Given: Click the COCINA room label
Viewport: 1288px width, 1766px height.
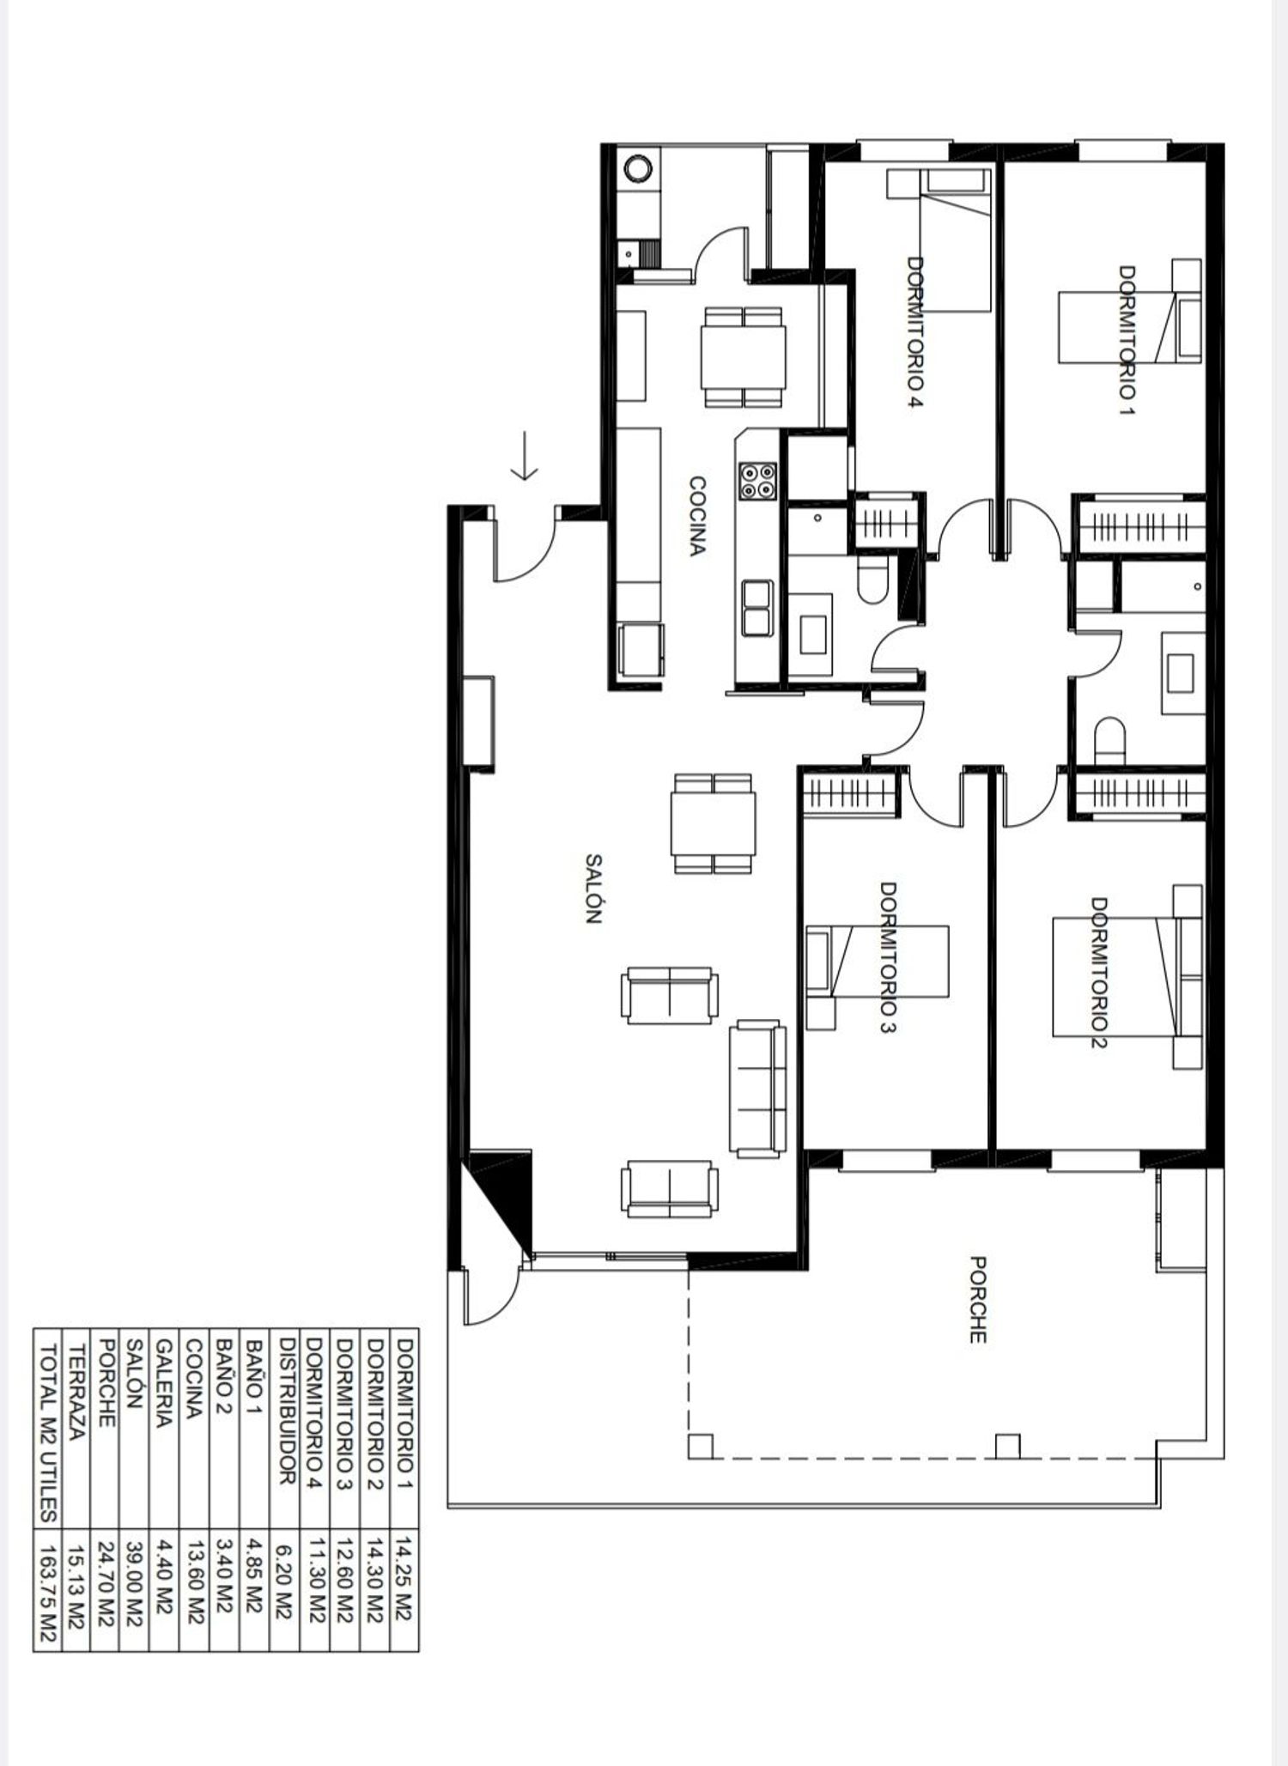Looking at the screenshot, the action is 697,516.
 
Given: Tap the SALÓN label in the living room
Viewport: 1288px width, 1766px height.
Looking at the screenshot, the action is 592,888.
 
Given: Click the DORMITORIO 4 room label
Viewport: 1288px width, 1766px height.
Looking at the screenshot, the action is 914,331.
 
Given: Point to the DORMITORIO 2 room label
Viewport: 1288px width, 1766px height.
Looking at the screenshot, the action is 1099,973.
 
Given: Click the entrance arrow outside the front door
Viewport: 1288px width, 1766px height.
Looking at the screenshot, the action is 524,456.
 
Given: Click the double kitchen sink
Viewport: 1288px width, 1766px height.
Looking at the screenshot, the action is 757,608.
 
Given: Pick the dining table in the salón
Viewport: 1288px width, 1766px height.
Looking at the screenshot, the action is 714,823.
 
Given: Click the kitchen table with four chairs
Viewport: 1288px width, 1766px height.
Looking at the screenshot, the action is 743,357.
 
